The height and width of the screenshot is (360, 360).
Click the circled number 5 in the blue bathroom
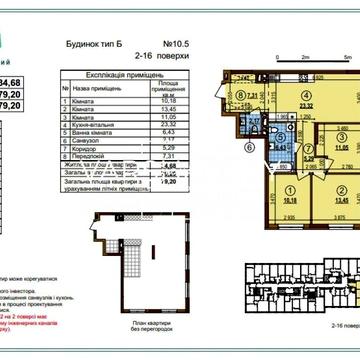click(254, 127)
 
